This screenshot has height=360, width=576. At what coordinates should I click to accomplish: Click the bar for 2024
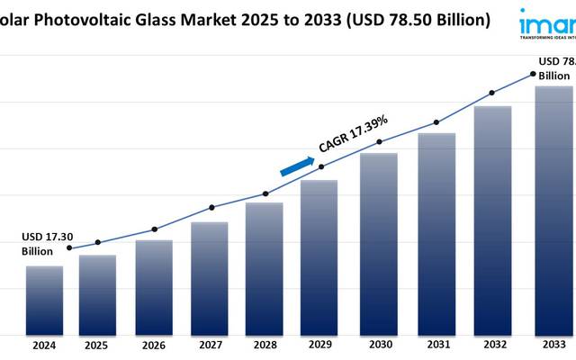tap(44, 299)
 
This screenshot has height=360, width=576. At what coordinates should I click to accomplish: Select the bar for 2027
tap(209, 277)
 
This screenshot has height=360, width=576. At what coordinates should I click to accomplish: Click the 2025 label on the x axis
tap(97, 345)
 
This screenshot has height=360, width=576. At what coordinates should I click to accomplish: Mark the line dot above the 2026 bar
tap(154, 229)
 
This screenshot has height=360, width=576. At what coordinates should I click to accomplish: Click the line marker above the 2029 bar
tap(321, 166)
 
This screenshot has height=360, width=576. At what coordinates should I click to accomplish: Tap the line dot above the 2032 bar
tap(491, 93)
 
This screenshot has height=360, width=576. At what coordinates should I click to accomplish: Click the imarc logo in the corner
tap(547, 22)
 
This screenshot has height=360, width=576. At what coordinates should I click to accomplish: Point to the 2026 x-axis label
tap(154, 345)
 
